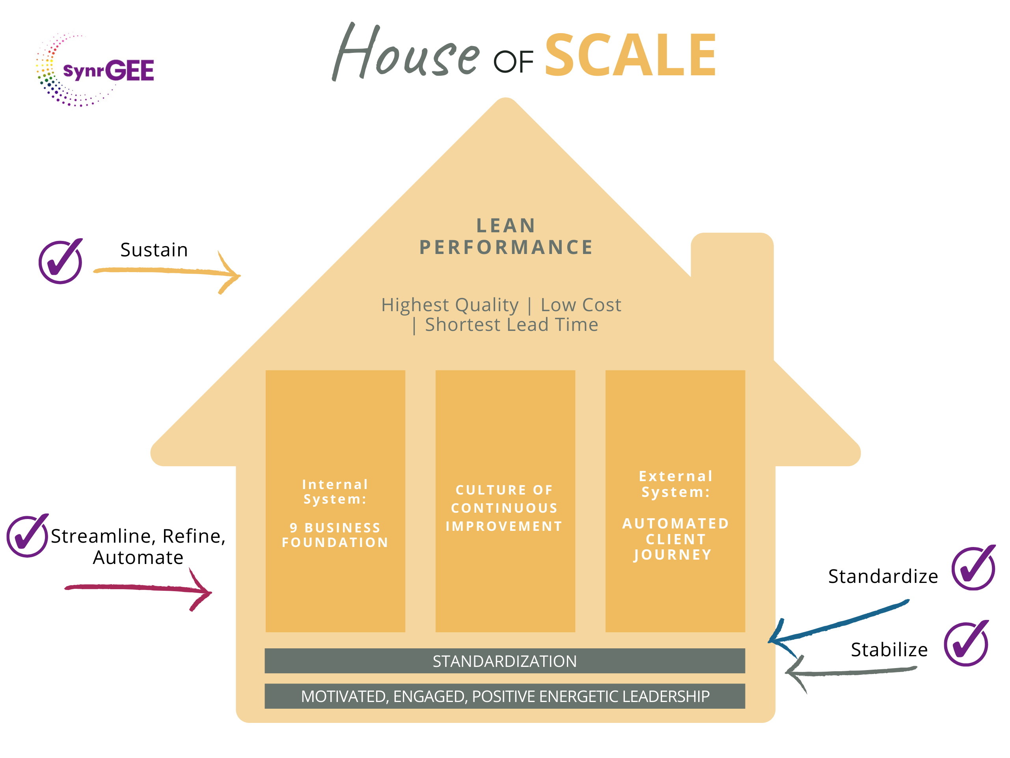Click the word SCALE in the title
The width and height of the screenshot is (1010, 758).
coord(630,56)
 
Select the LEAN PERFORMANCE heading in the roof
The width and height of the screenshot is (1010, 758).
coord(506,237)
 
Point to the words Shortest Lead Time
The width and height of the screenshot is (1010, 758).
coord(511,325)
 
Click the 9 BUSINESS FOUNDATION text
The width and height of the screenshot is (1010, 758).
coord(335,535)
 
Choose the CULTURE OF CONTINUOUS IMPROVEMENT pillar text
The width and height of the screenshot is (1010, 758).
coord(505,508)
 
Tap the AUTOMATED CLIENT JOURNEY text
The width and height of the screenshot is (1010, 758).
coord(675,539)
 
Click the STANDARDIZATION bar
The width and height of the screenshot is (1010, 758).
coord(505,661)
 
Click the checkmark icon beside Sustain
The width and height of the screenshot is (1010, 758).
coord(61,262)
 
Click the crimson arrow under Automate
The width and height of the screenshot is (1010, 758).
coord(137,588)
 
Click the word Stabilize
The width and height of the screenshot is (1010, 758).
coord(889,650)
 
